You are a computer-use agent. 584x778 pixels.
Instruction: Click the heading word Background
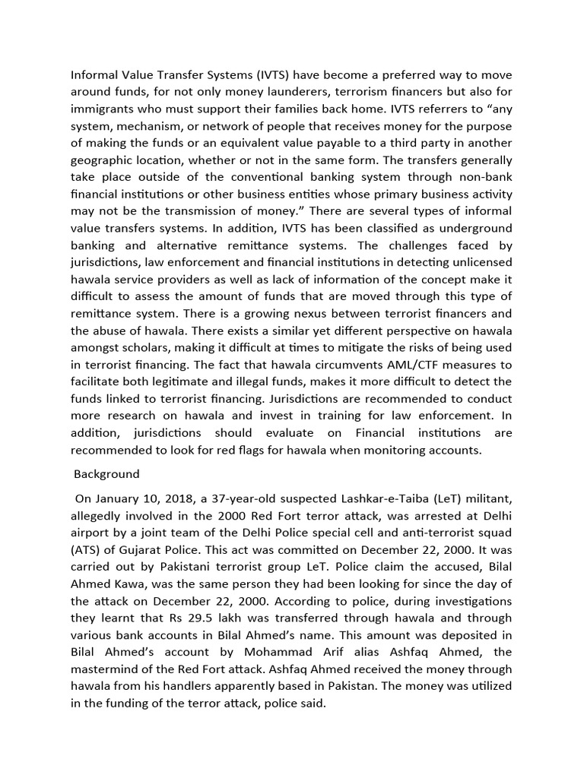[107, 474]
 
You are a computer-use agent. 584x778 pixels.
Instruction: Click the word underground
[471, 228]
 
